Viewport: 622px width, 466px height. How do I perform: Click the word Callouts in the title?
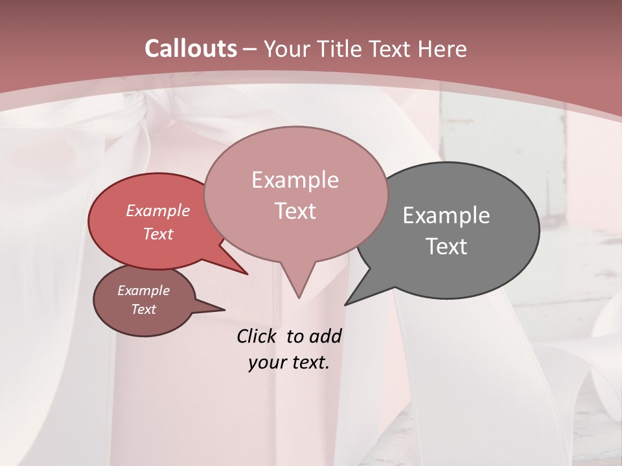tap(190, 49)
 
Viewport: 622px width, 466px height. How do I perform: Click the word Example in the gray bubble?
tap(446, 215)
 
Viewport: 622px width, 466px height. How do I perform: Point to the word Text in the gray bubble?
tap(446, 246)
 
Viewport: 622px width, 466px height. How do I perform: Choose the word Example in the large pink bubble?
tap(295, 180)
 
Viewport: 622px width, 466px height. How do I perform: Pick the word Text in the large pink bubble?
tap(295, 211)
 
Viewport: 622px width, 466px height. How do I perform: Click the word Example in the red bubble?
tap(157, 210)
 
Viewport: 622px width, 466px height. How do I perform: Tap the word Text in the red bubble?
tap(157, 234)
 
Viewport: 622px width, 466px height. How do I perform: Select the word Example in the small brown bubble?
tap(143, 291)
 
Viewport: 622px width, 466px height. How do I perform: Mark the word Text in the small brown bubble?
tap(143, 309)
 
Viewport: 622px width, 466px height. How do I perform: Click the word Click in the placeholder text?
tap(257, 336)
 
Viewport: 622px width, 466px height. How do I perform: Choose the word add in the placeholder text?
tap(325, 336)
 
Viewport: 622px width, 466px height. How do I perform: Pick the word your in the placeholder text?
tap(266, 362)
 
